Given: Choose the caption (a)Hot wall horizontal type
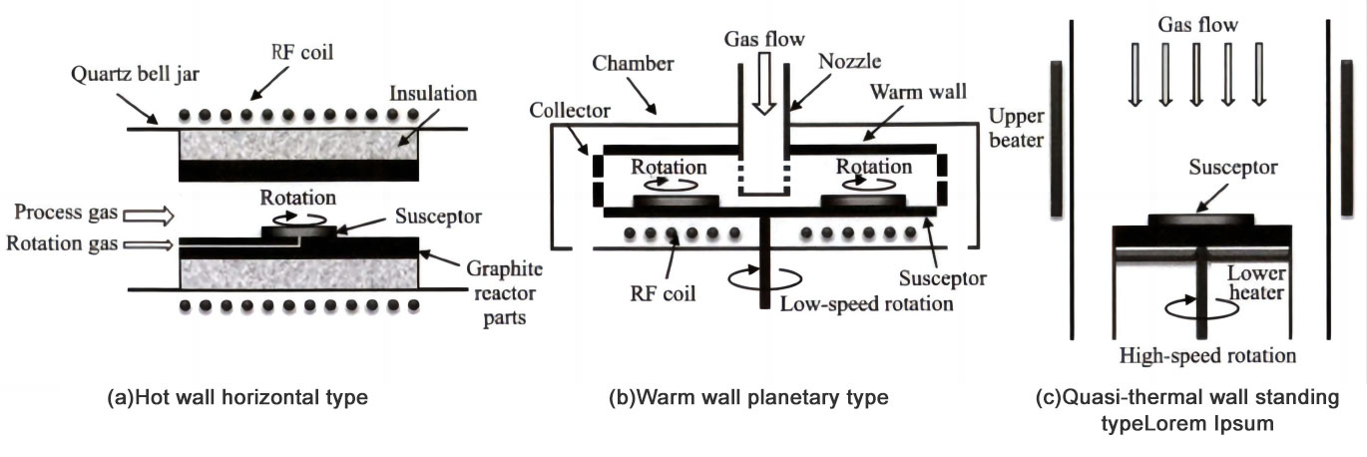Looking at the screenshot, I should click(237, 397).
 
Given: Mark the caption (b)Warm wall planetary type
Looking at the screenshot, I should click(748, 397).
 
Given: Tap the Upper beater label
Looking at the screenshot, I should click(1014, 127).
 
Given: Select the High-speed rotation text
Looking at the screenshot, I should click(1207, 354).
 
